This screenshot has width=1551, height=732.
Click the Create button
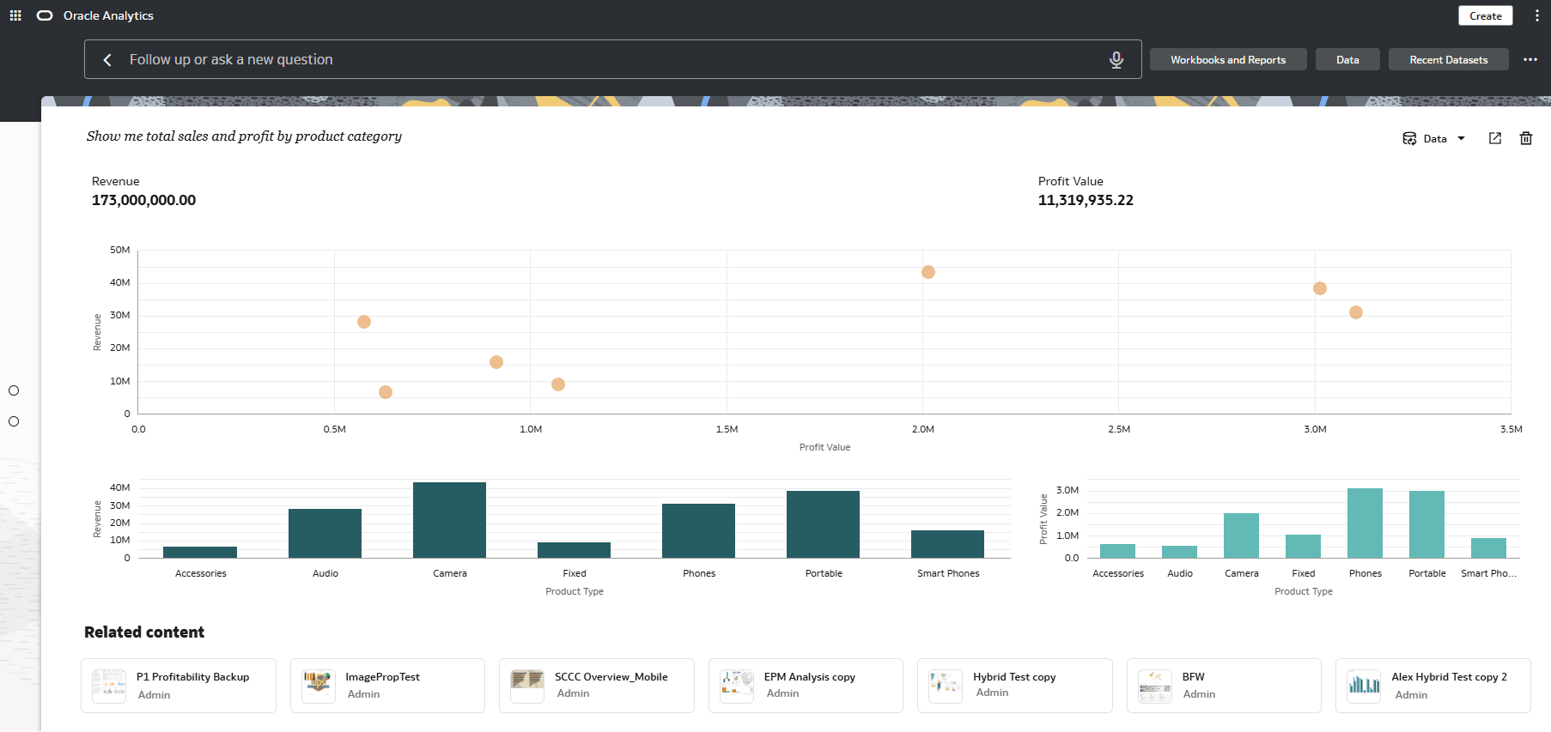click(1485, 15)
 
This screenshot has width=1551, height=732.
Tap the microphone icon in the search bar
click(1116, 59)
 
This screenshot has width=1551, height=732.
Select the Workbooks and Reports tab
click(1228, 59)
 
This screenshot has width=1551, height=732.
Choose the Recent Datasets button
click(1448, 59)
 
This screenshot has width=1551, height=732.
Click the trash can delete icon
click(1526, 138)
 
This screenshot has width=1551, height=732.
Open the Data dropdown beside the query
click(1434, 138)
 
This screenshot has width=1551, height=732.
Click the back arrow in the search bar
click(107, 59)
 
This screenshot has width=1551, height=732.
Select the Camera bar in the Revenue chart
click(449, 520)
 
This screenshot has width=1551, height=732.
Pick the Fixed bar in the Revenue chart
click(574, 550)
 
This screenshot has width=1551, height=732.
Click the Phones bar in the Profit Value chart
click(1365, 523)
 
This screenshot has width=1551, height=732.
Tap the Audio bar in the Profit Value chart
click(1179, 552)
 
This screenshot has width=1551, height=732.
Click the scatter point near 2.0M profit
click(928, 272)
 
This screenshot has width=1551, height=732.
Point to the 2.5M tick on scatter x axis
click(1119, 429)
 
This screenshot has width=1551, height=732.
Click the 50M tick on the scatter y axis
click(120, 250)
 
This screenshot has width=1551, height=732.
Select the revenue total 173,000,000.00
click(143, 200)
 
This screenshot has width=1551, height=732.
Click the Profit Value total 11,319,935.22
click(1086, 200)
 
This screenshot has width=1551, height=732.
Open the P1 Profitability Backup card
click(179, 686)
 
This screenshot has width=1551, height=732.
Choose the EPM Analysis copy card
click(806, 686)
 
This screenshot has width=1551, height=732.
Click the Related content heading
click(144, 632)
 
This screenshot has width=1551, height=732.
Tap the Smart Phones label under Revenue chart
click(948, 573)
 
